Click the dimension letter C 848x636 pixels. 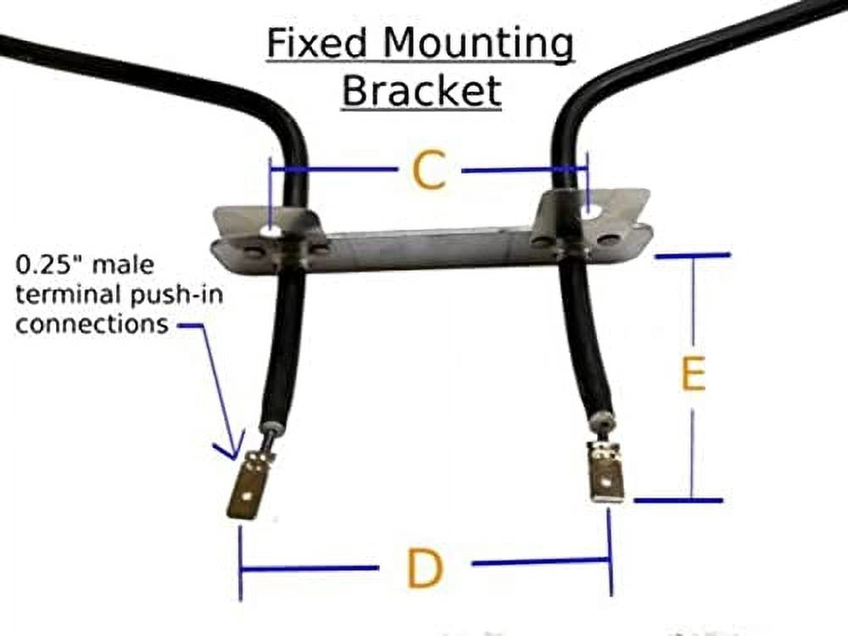(x=429, y=172)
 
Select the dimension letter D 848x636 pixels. (x=425, y=569)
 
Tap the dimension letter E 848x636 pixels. (x=693, y=376)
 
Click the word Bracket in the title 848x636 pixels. (x=421, y=91)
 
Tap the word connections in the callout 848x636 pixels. (x=92, y=324)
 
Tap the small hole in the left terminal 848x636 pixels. (x=245, y=490)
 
